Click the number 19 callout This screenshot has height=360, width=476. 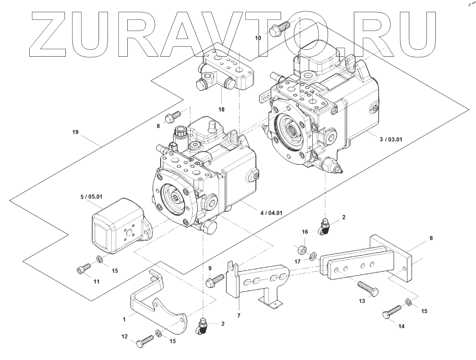(75, 132)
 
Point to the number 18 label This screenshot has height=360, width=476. (221, 109)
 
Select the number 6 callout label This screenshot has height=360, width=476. (431, 238)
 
